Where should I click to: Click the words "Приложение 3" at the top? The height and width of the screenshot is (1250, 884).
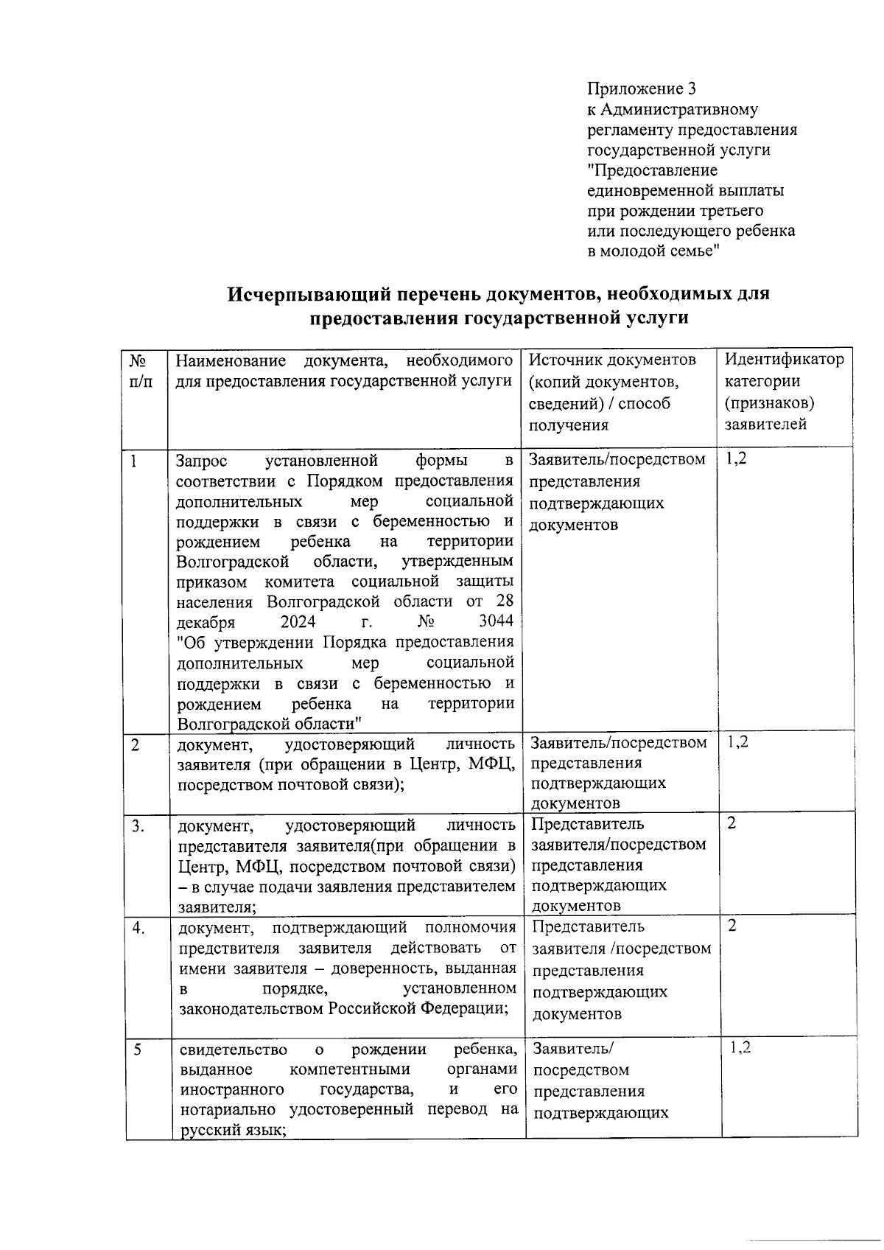641,89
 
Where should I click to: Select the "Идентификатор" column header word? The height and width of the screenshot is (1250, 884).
784,360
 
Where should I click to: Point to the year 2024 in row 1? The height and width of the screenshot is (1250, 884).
298,621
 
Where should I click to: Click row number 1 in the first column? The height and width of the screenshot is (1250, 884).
134,461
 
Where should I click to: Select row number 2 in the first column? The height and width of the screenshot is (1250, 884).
136,744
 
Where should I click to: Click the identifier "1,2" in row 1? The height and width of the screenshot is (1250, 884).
737,459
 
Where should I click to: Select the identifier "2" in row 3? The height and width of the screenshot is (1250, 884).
732,824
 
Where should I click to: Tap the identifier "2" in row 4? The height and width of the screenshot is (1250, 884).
732,926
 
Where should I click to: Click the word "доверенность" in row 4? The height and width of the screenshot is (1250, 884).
392,968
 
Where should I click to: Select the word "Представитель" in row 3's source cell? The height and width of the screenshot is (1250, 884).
587,824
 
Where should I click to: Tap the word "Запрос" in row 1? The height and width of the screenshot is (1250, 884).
202,461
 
